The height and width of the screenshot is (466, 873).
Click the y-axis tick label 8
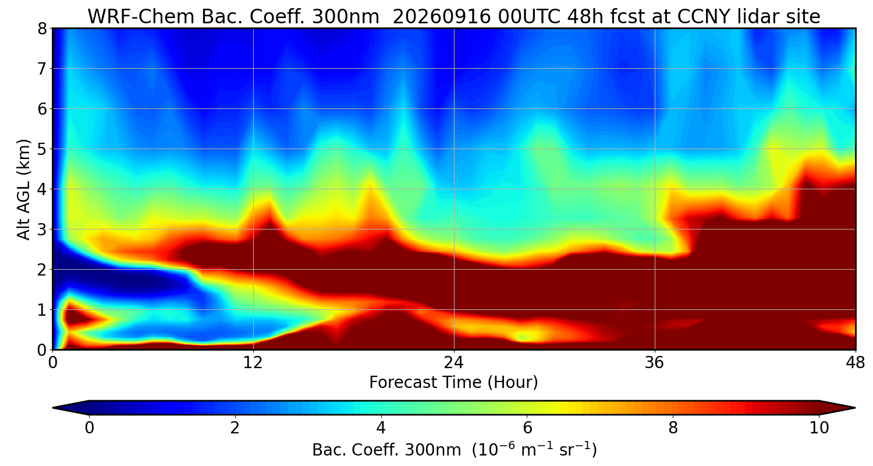point(42,29)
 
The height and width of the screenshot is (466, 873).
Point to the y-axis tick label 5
point(42,149)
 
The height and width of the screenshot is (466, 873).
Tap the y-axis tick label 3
point(42,230)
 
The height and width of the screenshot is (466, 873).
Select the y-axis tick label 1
point(42,310)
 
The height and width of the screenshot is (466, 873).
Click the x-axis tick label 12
point(253,363)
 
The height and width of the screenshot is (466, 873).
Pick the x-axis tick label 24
point(454,363)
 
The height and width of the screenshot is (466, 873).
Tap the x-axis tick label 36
point(655,363)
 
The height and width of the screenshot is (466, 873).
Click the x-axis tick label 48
point(856,363)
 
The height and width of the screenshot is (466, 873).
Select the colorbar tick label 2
point(235,428)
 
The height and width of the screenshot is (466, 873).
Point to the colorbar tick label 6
point(527,428)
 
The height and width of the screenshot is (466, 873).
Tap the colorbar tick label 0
point(89,428)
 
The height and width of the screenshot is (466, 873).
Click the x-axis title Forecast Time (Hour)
point(453,383)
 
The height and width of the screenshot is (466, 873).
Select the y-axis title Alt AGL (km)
point(24,189)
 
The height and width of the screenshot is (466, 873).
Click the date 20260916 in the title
point(442,17)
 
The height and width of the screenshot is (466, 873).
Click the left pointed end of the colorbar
point(54,408)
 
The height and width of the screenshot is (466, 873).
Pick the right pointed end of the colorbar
point(855,408)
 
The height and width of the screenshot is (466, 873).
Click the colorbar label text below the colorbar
point(455,450)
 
